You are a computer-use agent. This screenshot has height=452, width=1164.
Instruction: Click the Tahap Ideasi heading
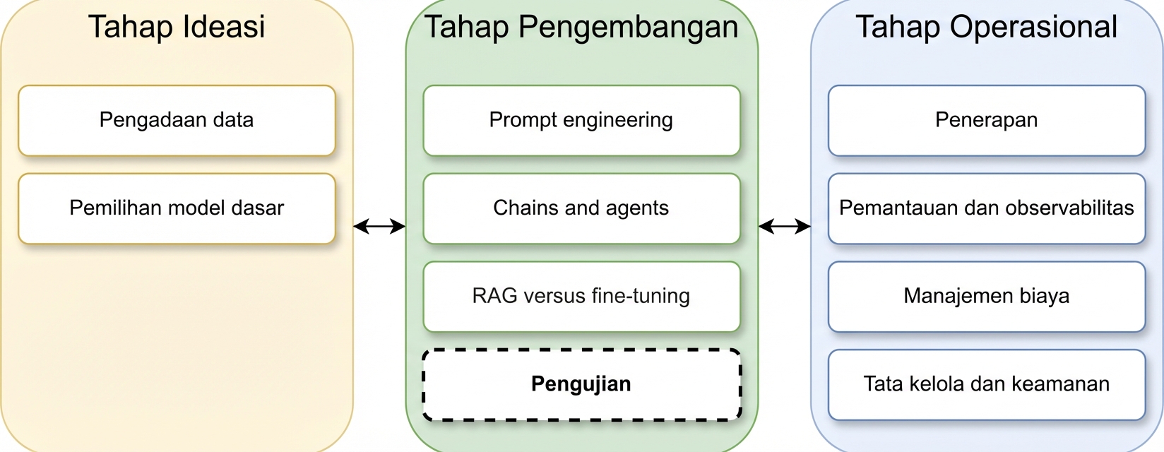[177, 27]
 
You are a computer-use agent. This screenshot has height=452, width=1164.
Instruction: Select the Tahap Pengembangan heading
[581, 28]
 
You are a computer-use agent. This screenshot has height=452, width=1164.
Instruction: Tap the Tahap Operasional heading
[986, 28]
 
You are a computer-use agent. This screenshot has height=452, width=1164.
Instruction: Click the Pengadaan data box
[177, 121]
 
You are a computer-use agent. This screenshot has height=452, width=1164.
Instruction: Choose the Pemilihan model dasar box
[177, 208]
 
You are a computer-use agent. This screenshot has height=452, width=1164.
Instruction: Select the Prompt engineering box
[581, 121]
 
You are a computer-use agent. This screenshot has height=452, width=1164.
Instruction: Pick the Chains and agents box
[581, 208]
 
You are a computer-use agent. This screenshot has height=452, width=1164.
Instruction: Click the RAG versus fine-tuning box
[581, 296]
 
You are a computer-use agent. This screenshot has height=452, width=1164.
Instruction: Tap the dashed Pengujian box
[581, 384]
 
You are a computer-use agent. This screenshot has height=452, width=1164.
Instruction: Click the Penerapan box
[987, 121]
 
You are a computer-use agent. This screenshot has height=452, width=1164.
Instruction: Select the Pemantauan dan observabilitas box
[987, 208]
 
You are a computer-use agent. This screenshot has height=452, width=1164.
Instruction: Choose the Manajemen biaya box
[987, 296]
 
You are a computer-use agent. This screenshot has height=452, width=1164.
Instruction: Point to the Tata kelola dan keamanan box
[987, 384]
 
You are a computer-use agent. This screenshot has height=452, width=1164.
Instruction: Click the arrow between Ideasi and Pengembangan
[379, 226]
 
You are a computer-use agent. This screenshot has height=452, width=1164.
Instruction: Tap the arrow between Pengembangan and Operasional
[785, 226]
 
